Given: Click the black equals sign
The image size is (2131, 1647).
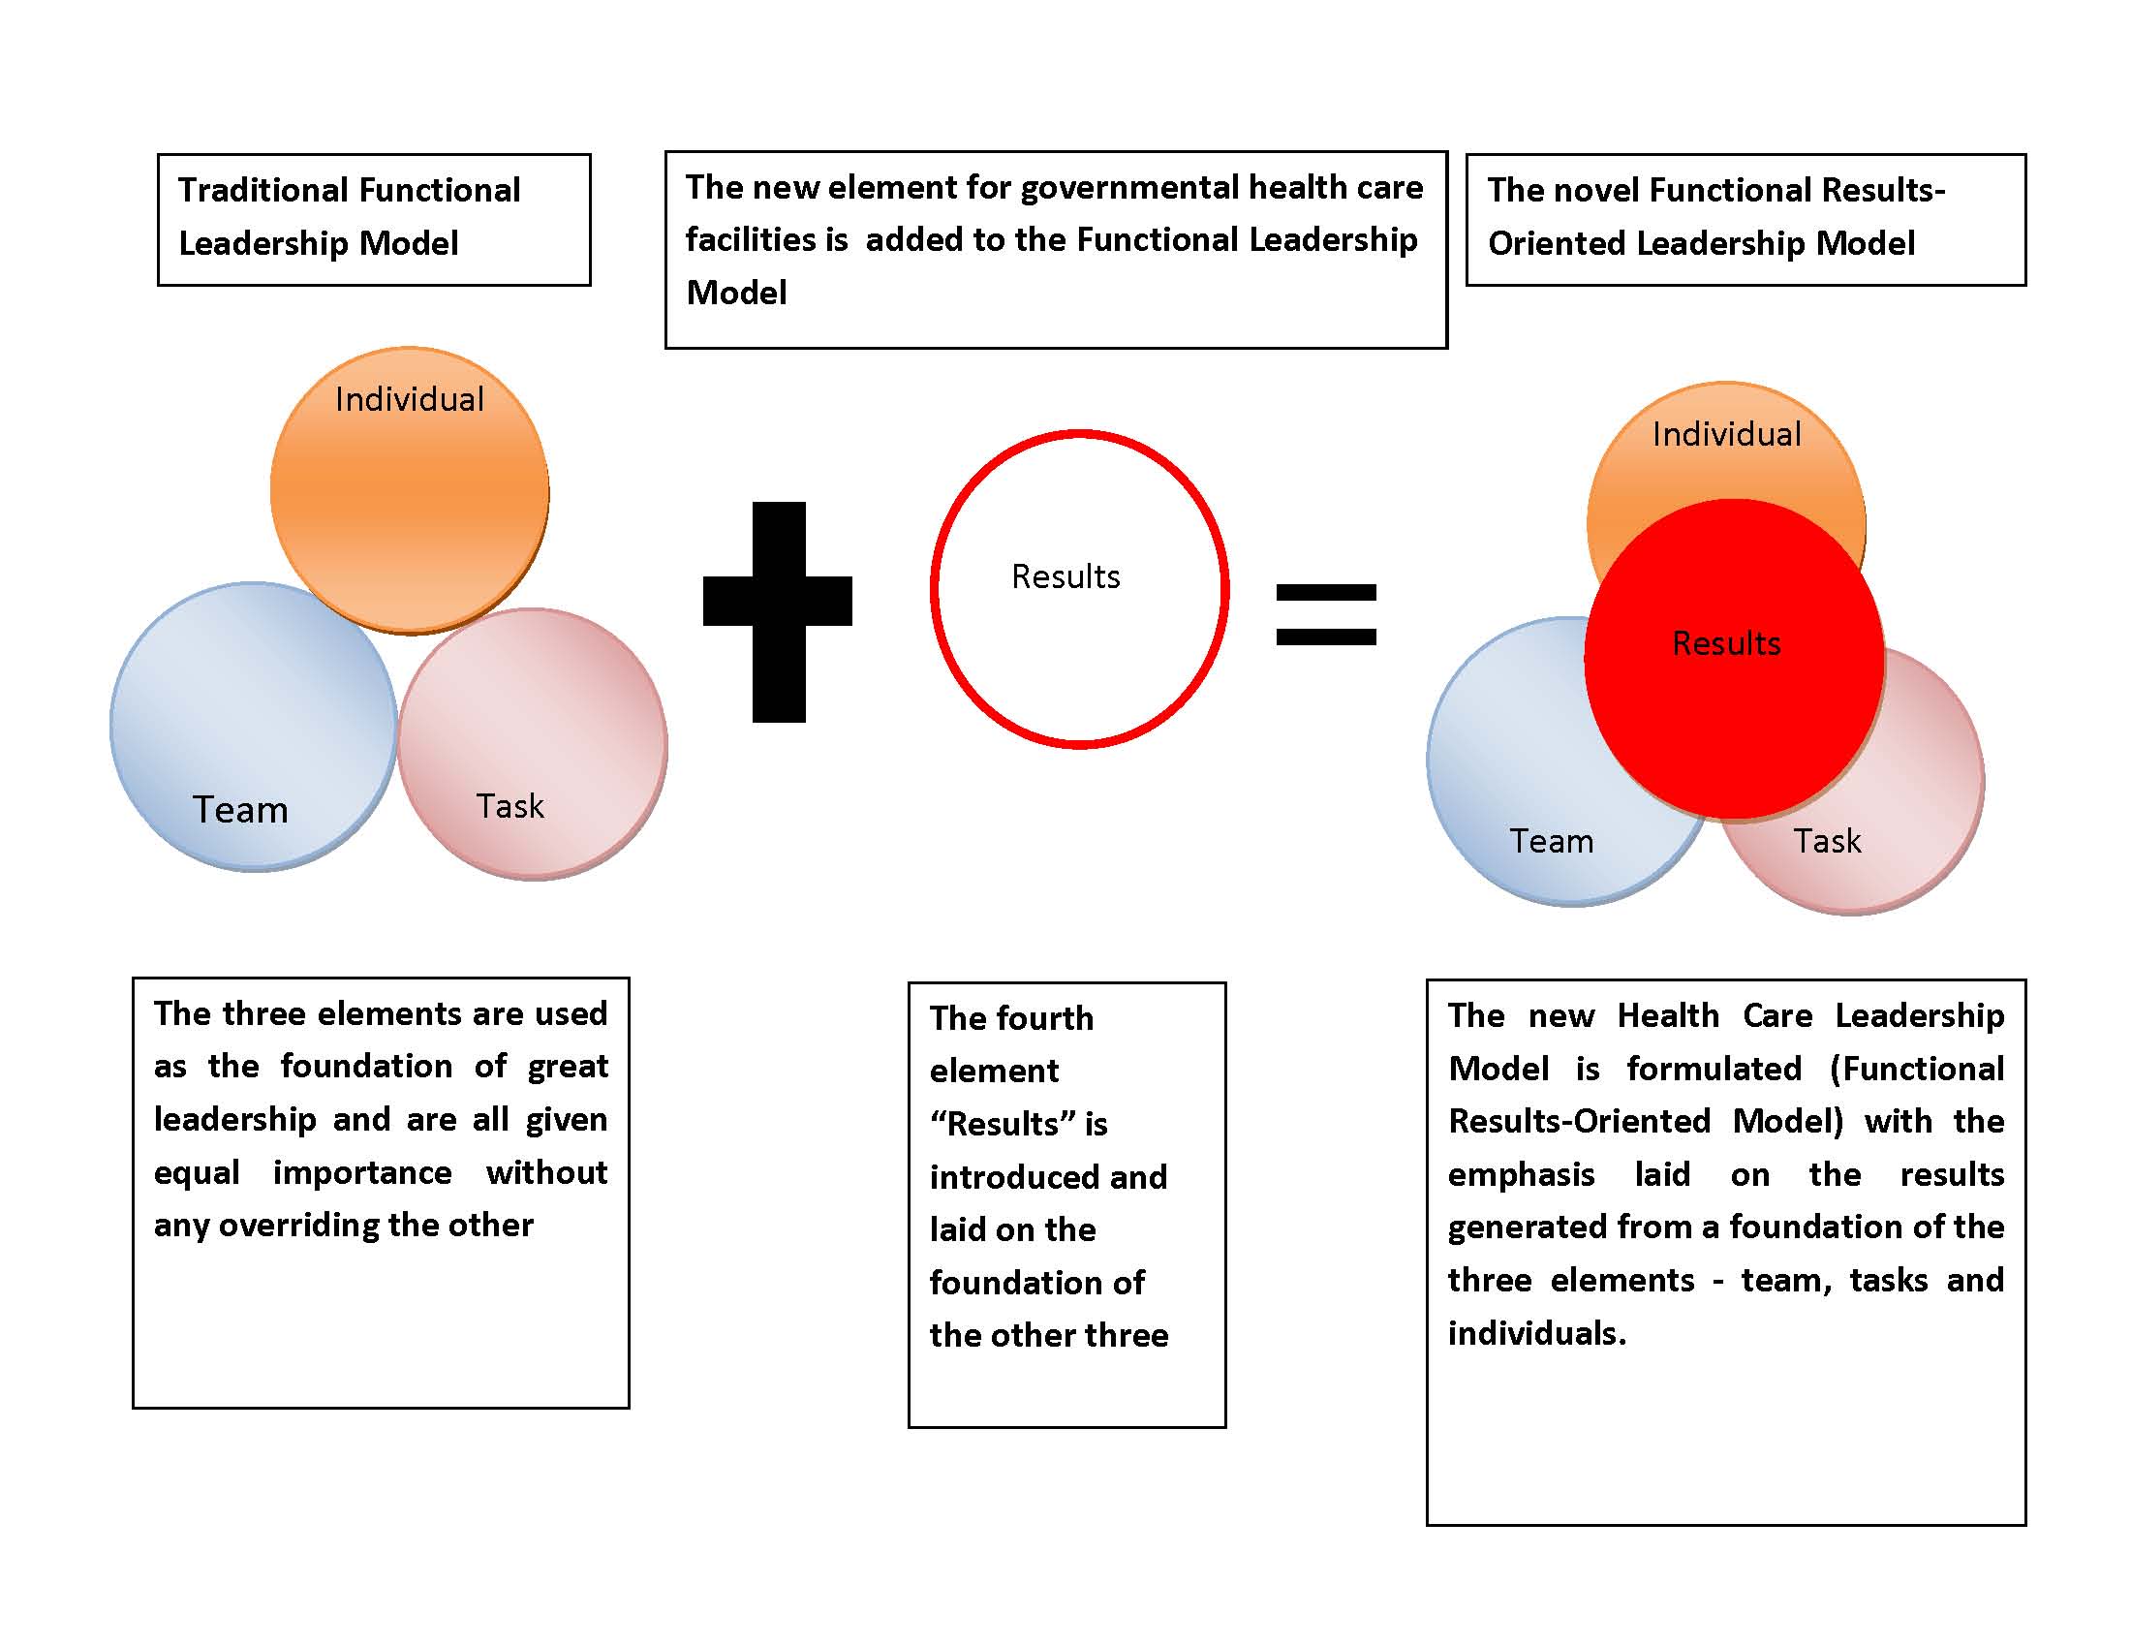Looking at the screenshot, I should (1326, 614).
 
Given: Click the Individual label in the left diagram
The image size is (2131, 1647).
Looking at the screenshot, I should (410, 399).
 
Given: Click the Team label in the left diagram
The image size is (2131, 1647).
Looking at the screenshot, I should (240, 810).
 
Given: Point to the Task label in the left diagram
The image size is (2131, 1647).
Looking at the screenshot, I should (510, 806).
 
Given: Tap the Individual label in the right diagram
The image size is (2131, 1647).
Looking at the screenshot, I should (1726, 434).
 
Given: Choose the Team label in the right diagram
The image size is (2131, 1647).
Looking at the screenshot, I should (1552, 841).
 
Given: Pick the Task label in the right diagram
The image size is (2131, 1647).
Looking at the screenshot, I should (1827, 841).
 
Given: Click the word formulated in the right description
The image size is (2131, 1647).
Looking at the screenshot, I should (1714, 1070).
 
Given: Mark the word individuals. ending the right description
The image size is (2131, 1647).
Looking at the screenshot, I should (1537, 1333).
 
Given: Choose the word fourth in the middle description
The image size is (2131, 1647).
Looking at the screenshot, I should (1047, 1018).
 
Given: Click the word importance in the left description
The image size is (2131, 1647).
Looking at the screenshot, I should (362, 1172).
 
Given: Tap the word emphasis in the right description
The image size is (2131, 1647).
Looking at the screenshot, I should (1520, 1175).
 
